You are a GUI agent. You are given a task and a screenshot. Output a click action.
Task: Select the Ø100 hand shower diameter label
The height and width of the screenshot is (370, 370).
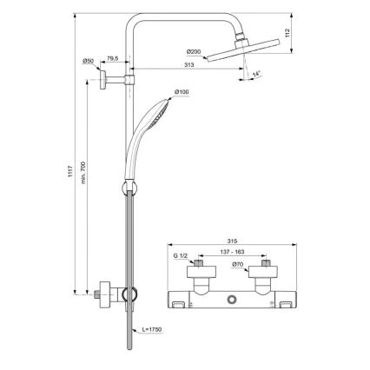point(182,92)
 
